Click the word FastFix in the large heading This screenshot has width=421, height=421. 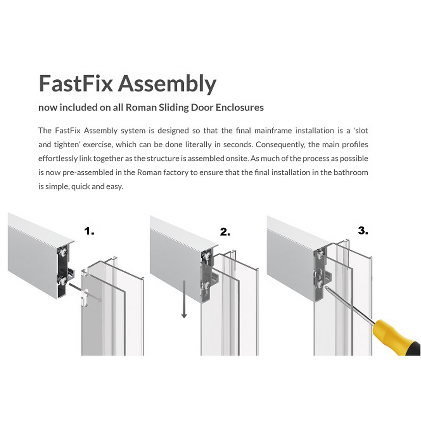point(76,83)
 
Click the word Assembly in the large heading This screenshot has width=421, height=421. point(167,84)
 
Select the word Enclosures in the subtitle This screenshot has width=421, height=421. point(240,107)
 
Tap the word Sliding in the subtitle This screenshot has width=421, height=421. point(173,108)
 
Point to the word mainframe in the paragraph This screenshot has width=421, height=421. point(273,131)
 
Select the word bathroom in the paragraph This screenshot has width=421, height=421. point(351,172)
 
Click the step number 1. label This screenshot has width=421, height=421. point(89,231)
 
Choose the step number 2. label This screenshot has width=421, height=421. point(225,232)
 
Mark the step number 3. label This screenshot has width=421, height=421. point(363,231)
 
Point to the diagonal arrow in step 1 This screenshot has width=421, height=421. point(85,293)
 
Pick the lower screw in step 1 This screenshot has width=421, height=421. point(63,281)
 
